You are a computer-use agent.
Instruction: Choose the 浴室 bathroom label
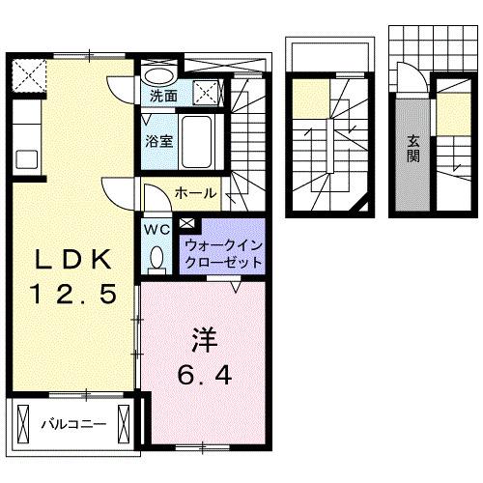[160, 140]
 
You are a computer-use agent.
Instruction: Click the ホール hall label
[195, 193]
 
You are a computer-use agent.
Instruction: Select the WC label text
[156, 230]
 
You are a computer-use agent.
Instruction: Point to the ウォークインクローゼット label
[221, 254]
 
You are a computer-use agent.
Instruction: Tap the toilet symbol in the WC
[157, 256]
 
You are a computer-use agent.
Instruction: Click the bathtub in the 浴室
[201, 142]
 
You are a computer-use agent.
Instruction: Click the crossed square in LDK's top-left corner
[29, 74]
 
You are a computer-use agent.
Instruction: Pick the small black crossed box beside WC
[186, 226]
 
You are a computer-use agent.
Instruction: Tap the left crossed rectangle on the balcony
[22, 422]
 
